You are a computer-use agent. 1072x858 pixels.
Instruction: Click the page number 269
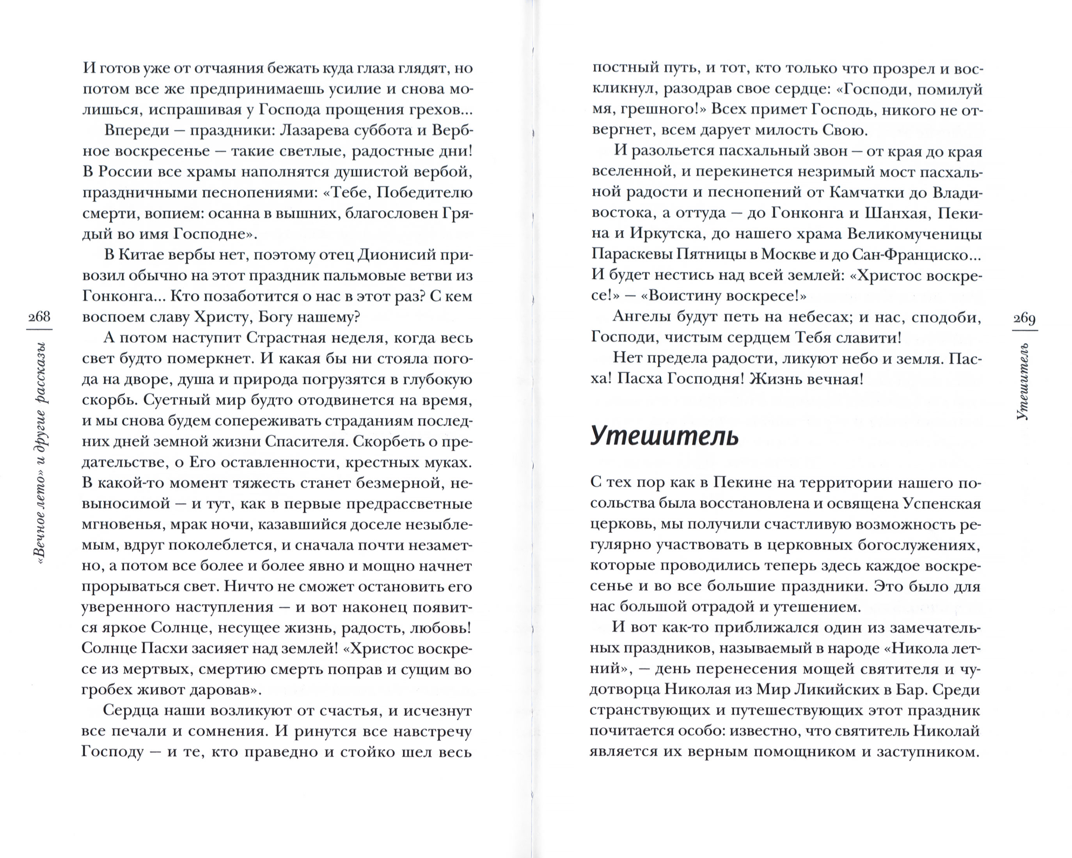pos(1024,318)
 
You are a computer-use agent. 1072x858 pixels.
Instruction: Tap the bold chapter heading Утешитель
pos(664,436)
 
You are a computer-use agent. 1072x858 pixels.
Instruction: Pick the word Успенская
pos(942,503)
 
